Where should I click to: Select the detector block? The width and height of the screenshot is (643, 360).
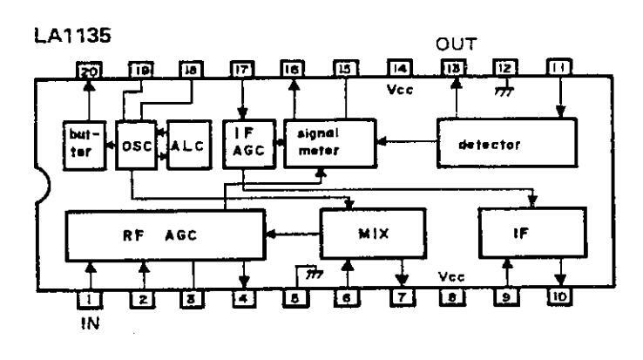[506, 141]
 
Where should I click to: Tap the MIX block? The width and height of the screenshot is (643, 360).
[372, 234]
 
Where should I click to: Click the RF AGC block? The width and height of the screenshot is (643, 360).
[165, 234]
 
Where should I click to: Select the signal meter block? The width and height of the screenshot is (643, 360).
[328, 140]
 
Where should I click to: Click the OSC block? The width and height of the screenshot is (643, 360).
[137, 145]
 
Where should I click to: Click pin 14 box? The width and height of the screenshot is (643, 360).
[399, 68]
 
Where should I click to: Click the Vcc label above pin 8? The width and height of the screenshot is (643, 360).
[451, 277]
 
